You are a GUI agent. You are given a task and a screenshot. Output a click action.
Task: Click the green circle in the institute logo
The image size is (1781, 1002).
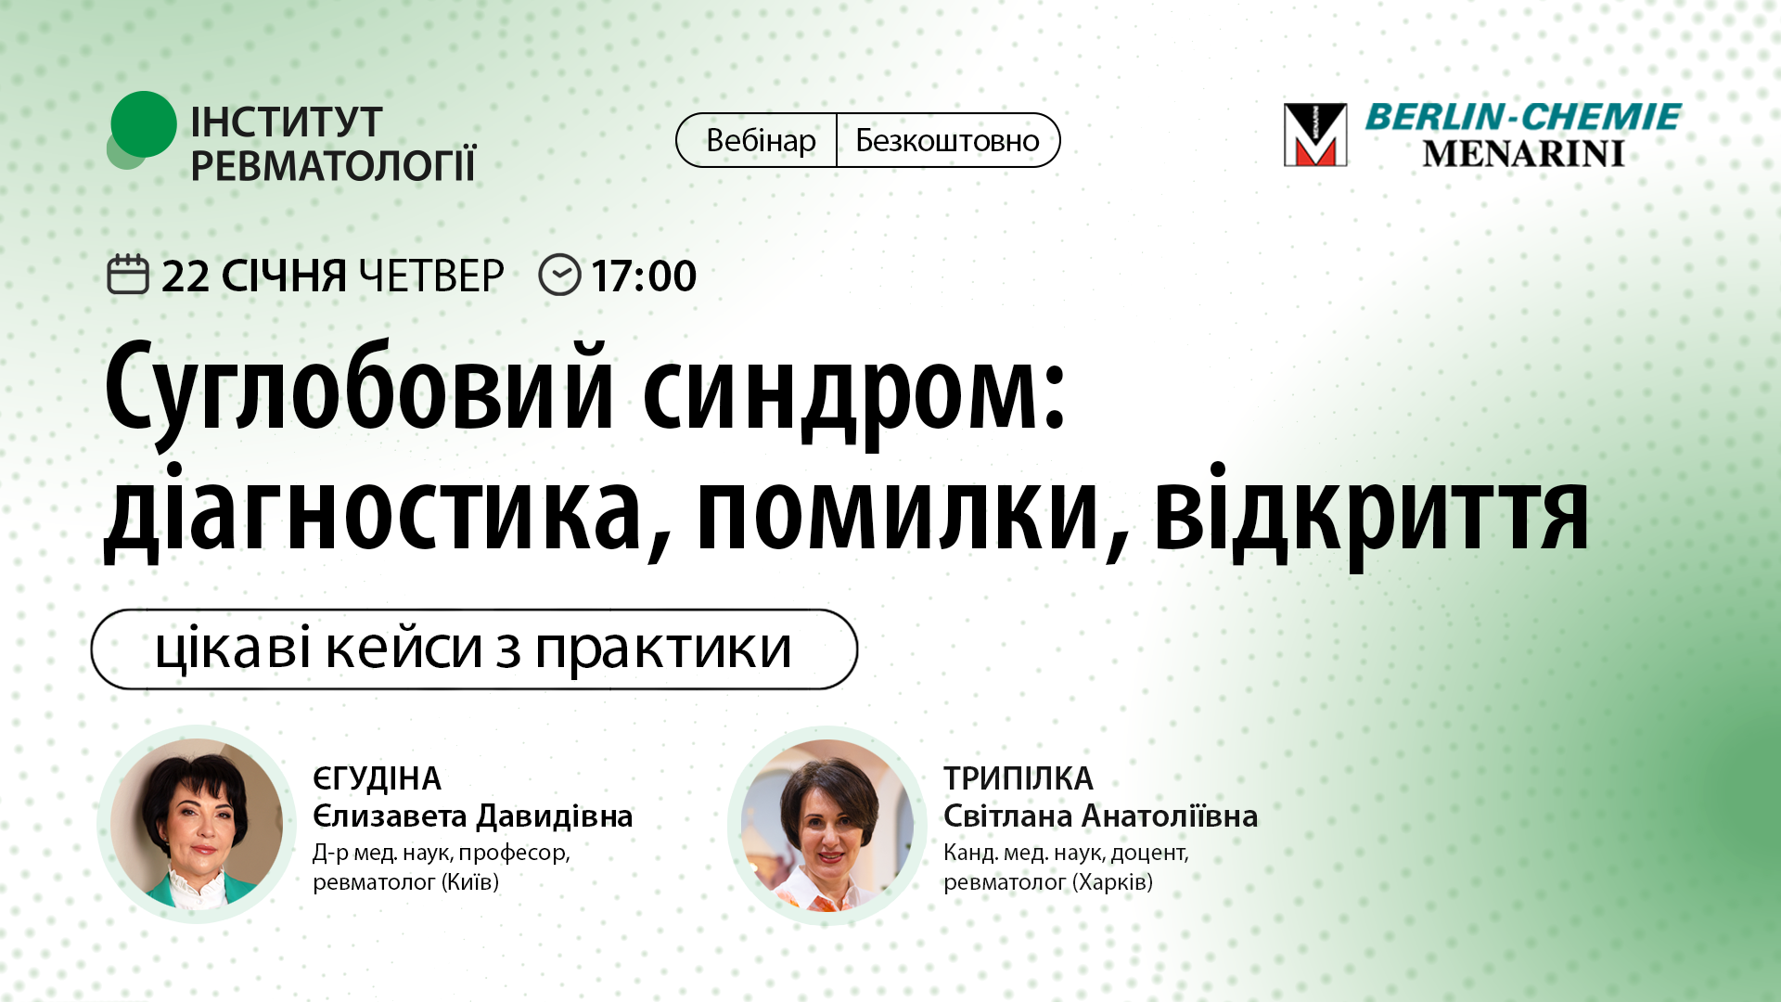pos(143,124)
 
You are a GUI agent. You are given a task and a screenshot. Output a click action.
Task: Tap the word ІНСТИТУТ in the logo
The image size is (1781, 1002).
pos(286,122)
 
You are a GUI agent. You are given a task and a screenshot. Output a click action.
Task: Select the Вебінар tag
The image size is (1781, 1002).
pos(760,140)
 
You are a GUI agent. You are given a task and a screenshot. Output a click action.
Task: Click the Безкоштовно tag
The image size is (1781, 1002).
pos(947,140)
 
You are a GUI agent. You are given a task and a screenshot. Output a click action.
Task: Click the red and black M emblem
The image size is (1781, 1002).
pos(1314,135)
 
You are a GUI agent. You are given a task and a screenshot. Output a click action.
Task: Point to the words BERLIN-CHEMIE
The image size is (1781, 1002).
pos(1522,117)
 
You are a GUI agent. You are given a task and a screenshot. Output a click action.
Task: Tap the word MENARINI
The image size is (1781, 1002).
pos(1522,154)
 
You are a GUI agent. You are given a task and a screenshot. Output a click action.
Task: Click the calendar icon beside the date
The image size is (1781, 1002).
pos(128,275)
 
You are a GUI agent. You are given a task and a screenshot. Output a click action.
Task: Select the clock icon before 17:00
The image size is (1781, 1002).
pos(559,275)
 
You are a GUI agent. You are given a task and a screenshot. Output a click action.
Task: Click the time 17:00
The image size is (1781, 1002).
pos(644,276)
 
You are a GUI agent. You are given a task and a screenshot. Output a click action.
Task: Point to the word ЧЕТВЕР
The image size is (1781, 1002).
pos(430,276)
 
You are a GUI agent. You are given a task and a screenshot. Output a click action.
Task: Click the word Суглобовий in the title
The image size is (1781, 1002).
pos(360,388)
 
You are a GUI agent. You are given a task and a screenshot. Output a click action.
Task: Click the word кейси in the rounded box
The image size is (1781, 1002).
pos(404,649)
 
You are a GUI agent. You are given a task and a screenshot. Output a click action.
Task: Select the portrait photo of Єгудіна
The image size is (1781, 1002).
pos(197,824)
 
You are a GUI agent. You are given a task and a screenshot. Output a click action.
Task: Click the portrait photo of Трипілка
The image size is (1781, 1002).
pos(826,825)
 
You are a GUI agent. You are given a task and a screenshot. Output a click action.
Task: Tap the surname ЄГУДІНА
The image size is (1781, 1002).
pos(377,778)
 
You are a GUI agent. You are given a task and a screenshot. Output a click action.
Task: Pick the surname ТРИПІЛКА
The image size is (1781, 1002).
pos(1018,778)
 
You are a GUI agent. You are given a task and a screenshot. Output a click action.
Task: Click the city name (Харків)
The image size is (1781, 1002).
pos(1112,881)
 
